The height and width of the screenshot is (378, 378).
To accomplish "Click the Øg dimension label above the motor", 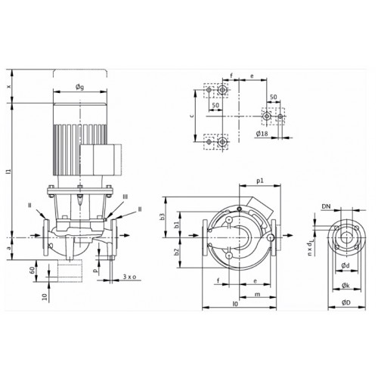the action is pyautogui.click(x=79, y=87).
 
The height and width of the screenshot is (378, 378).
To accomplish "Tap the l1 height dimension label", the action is pyautogui.click(x=9, y=171).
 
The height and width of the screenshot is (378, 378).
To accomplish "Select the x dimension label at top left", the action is pyautogui.click(x=9, y=86).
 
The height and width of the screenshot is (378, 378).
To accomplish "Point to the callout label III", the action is pyautogui.click(x=125, y=197).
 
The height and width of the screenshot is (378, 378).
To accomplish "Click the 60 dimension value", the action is pyautogui.click(x=32, y=271).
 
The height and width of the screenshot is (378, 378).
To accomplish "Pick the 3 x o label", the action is pyautogui.click(x=129, y=277).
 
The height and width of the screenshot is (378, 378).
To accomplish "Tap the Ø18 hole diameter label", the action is pyautogui.click(x=262, y=134).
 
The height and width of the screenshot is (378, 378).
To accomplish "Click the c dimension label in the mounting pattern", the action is pyautogui.click(x=192, y=116).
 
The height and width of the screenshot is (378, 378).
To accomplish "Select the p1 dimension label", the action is pyautogui.click(x=260, y=181).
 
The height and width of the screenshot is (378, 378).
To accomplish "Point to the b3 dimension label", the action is pyautogui.click(x=163, y=217).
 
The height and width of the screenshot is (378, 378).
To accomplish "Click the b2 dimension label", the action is pyautogui.click(x=177, y=252).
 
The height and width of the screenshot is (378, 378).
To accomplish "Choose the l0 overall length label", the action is pyautogui.click(x=235, y=304).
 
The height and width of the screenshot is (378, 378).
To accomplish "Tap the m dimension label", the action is pyautogui.click(x=257, y=294).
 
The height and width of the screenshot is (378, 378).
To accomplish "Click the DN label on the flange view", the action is pyautogui.click(x=326, y=206).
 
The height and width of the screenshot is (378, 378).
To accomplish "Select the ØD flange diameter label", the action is pyautogui.click(x=346, y=302).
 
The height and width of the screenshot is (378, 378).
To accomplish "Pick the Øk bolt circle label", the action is pyautogui.click(x=345, y=286).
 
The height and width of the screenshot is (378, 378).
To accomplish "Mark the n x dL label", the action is pyautogui.click(x=310, y=249).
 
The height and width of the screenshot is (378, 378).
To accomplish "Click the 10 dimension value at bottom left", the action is pyautogui.click(x=45, y=297).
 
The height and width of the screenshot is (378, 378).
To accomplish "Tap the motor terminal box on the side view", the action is pyautogui.click(x=101, y=160).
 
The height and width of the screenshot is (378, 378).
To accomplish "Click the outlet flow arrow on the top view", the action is pyautogui.click(x=288, y=235).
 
